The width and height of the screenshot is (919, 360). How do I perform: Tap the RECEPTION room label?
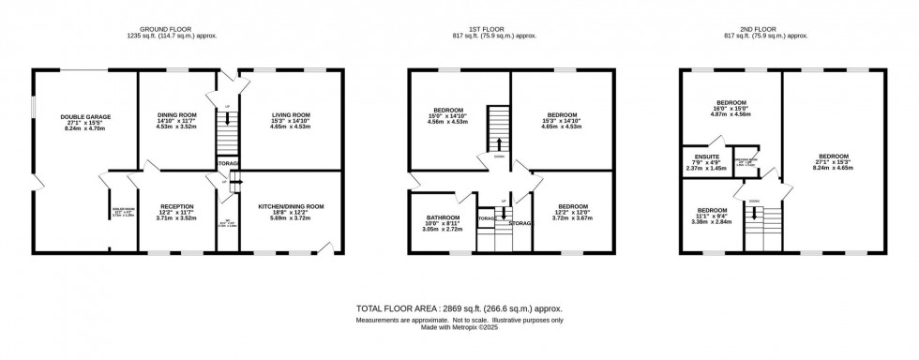coord(176,205)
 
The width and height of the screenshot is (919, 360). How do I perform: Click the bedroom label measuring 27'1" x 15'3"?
coord(833,157)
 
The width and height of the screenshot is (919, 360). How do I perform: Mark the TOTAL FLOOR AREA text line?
coord(459,307)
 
